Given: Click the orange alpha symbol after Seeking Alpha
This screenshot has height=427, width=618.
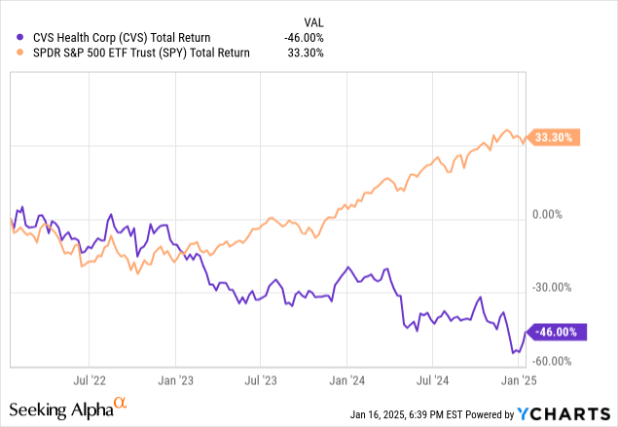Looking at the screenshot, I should pyautogui.click(x=120, y=402).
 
